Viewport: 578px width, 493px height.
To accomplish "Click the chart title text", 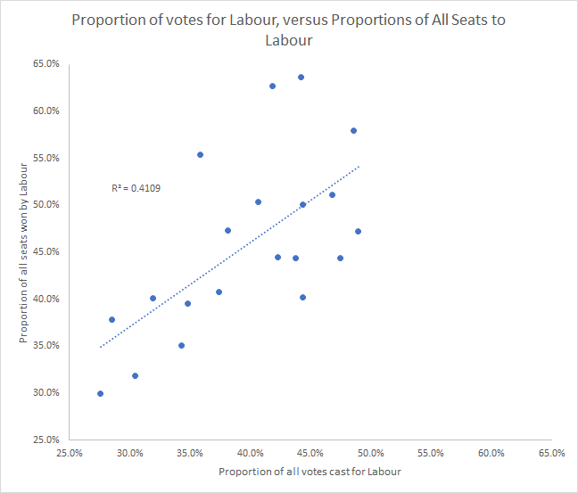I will (x=289, y=29).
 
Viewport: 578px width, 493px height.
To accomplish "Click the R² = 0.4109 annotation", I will (x=136, y=188).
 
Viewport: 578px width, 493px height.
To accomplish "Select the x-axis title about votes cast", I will (x=310, y=471).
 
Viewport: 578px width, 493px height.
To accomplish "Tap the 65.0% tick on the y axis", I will (x=45, y=64).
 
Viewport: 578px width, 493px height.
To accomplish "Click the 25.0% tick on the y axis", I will (x=45, y=440).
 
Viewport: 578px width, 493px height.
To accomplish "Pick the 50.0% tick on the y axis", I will (x=45, y=205).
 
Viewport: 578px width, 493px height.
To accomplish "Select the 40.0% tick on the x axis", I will (x=251, y=453).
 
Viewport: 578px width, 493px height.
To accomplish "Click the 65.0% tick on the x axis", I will (x=551, y=453).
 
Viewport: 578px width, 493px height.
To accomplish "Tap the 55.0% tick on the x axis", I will (x=431, y=453).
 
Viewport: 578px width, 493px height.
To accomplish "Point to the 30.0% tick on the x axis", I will (x=130, y=453).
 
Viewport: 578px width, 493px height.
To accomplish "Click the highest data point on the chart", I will (x=301, y=77).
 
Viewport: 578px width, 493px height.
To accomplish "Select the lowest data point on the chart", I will (x=100, y=393).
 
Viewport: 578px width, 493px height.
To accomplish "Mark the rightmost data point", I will (x=358, y=231).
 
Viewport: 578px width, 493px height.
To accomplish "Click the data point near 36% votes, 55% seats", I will (x=200, y=154).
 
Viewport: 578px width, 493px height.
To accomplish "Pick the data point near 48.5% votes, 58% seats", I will (x=353, y=130).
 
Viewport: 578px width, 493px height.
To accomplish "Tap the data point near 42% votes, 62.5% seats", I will (x=272, y=86).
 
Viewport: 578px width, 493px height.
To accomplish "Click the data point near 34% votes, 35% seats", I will (x=181, y=345).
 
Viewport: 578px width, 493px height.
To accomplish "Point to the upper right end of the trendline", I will (x=359, y=166).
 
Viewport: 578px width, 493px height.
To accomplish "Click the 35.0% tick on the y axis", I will (x=45, y=346).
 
